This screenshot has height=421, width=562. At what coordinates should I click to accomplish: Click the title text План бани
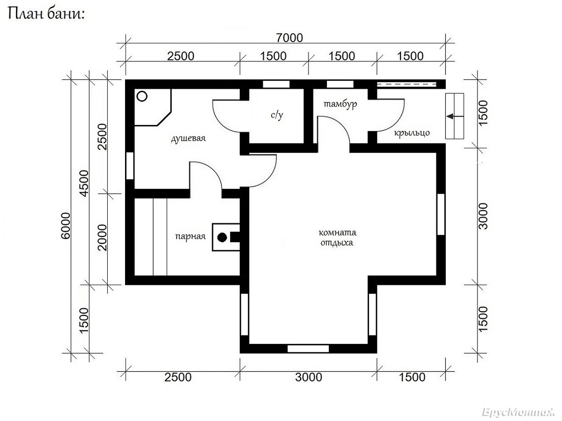(x=46, y=14)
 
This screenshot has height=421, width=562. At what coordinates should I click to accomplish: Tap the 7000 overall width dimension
(x=289, y=38)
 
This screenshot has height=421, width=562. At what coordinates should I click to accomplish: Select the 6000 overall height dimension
(x=66, y=226)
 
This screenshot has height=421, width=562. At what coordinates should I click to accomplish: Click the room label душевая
(x=188, y=138)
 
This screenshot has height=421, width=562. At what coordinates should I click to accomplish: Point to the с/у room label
(x=277, y=115)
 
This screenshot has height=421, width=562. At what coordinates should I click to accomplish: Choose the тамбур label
(x=340, y=104)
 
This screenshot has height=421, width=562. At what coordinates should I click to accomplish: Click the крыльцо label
(x=412, y=133)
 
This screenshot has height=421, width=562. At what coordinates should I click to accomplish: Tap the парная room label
(x=190, y=237)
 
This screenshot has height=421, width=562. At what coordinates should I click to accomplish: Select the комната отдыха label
(x=337, y=238)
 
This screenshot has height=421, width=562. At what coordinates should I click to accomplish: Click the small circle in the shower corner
(x=142, y=96)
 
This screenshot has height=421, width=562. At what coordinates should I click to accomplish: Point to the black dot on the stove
(x=222, y=238)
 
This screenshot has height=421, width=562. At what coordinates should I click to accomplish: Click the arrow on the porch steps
(x=455, y=116)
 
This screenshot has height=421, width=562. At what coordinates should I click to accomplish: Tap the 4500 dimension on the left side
(x=84, y=183)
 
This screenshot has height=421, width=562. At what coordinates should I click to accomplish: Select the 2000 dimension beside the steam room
(x=103, y=238)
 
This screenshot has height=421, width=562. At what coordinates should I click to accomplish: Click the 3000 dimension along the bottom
(x=309, y=377)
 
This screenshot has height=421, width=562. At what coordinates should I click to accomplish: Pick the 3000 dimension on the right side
(x=483, y=216)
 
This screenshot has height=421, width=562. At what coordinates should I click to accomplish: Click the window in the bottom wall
(x=308, y=348)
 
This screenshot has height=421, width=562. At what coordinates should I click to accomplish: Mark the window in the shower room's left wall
(x=130, y=166)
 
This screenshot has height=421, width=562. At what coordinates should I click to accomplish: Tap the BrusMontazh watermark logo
(x=518, y=412)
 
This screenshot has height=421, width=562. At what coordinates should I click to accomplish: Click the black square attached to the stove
(x=235, y=237)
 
